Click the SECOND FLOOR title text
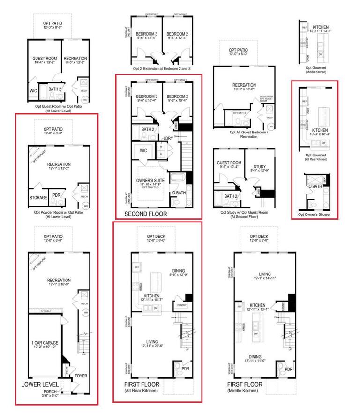pos(145,214)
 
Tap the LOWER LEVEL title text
pos(39,384)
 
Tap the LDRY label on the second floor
pos(168,138)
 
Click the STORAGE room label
pos(38,198)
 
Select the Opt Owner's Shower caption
pos(314,215)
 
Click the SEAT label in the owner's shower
pos(325,179)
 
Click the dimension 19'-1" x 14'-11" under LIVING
pos(265,278)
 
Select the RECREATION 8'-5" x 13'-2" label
pos(75,61)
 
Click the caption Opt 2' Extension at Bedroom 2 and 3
pos(162,68)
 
